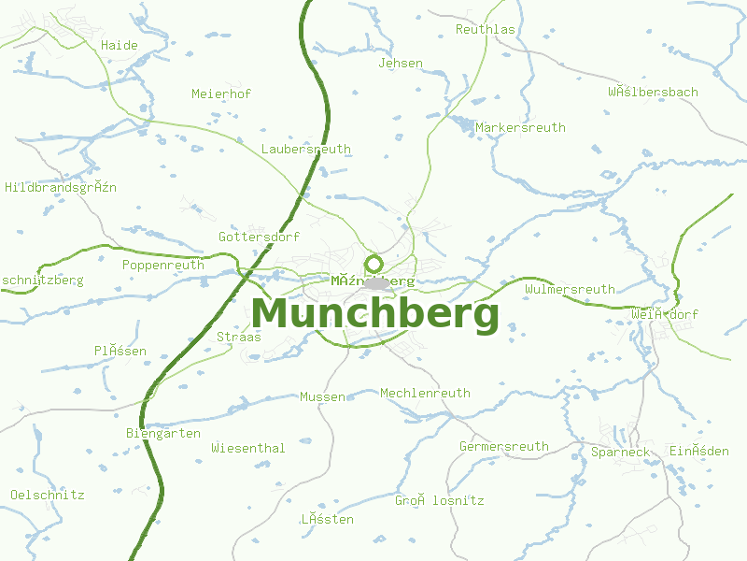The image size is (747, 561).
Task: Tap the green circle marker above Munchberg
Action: click(374, 264)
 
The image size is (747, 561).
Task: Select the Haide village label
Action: click(120, 45)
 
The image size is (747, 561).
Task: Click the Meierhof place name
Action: click(221, 93)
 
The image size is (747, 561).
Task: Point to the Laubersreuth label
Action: click(306, 149)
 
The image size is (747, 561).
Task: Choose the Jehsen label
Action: click(401, 64)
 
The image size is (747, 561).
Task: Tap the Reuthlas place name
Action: click(486, 30)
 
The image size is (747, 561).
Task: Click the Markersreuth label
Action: click(520, 127)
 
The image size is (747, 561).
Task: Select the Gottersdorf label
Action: click(259, 237)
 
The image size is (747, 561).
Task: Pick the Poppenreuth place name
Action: click(163, 265)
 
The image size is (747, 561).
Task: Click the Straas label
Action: click(239, 337)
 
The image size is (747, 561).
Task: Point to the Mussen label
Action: click(322, 397)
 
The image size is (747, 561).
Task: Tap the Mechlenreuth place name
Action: click(425, 394)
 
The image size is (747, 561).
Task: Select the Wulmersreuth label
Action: click(570, 290)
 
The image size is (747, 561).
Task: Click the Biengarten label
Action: click(163, 434)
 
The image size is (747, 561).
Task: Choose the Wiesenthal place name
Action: click(248, 448)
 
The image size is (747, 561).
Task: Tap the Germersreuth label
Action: click(504, 447)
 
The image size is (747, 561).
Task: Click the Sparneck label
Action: click(620, 453)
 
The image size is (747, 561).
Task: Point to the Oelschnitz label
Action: click(48, 495)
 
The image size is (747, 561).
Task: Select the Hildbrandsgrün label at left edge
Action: click(61, 187)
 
